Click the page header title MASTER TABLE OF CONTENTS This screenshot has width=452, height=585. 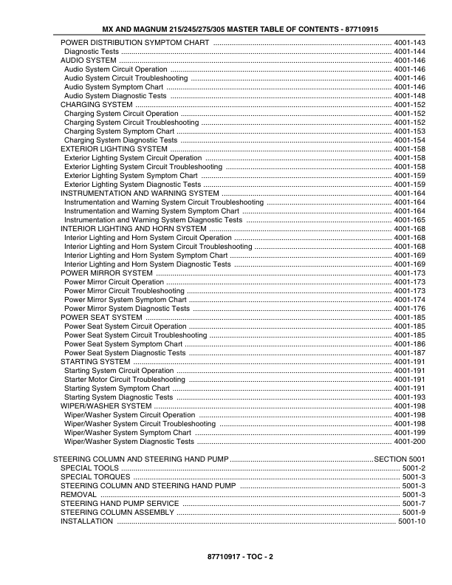(226, 29)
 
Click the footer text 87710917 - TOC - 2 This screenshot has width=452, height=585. (226, 555)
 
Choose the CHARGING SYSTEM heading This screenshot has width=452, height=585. (96, 105)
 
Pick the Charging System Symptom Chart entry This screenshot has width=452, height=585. (119, 131)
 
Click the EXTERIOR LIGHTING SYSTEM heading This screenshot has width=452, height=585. (114, 149)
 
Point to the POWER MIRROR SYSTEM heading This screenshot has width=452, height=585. (106, 273)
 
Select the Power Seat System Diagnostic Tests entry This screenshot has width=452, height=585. (125, 353)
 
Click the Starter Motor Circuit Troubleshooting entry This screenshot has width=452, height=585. (125, 380)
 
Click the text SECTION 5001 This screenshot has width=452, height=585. (400, 459)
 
